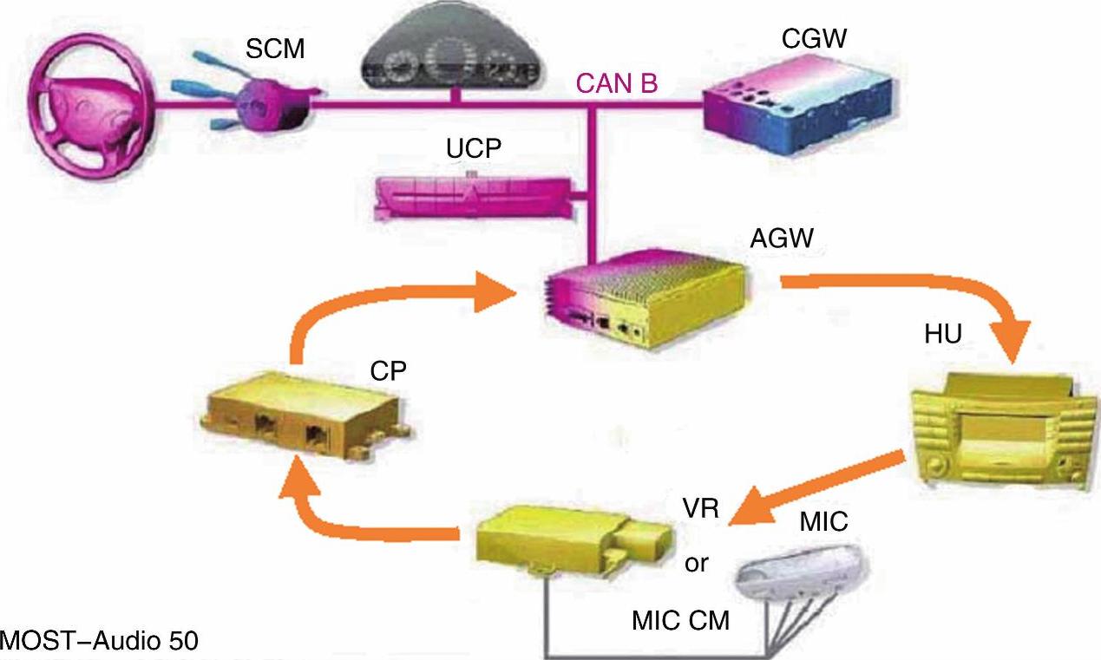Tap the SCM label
tap(275, 50)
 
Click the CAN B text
tap(617, 84)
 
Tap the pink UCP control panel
tap(472, 198)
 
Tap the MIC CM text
tap(680, 620)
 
